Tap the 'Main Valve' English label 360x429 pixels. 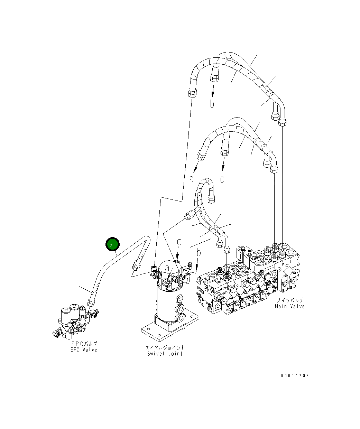pos(290,306)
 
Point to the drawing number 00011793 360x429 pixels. pos(295,375)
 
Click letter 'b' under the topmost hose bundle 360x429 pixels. pos(212,104)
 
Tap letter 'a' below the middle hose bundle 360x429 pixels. pos(192,179)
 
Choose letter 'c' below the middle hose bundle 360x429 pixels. pos(222,179)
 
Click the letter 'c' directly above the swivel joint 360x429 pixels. pos(179,242)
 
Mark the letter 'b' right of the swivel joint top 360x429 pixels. pos(198,253)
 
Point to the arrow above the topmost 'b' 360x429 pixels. pos(213,91)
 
